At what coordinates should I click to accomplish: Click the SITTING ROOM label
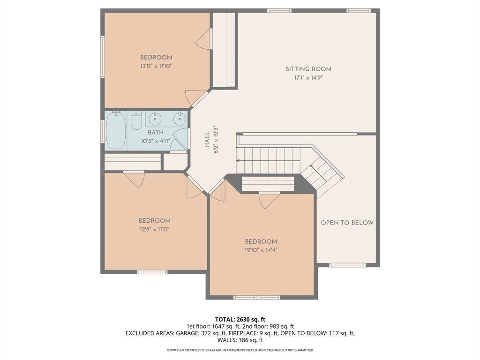pyautogui.click(x=308, y=69)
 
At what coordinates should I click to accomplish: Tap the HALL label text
pyautogui.click(x=207, y=139)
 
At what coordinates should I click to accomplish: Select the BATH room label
pyautogui.click(x=156, y=132)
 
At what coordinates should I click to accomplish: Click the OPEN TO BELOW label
pyautogui.click(x=347, y=223)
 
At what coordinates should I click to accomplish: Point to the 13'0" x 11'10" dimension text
pyautogui.click(x=156, y=66)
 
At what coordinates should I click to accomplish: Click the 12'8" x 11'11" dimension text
pyautogui.click(x=154, y=229)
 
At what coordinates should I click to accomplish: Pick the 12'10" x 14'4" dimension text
pyautogui.click(x=261, y=250)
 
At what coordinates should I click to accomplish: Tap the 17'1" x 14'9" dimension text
pyautogui.click(x=308, y=78)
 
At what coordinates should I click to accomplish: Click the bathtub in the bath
pyautogui.click(x=116, y=131)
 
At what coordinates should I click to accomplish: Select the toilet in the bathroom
pyautogui.click(x=136, y=120)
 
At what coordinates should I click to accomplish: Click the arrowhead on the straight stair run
pyautogui.click(x=238, y=160)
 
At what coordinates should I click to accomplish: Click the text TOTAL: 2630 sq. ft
pyautogui.click(x=240, y=320)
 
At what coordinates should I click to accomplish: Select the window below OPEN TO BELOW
pyautogui.click(x=347, y=265)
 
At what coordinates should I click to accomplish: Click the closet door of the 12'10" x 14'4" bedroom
pyautogui.click(x=270, y=201)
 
